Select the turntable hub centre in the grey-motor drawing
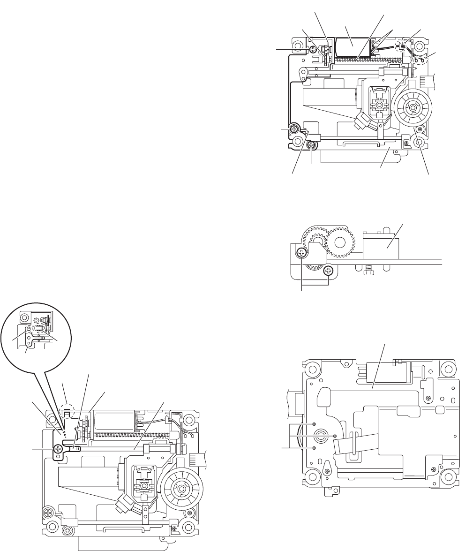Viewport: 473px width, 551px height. (412, 108)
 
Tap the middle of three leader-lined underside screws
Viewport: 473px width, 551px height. (335, 437)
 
